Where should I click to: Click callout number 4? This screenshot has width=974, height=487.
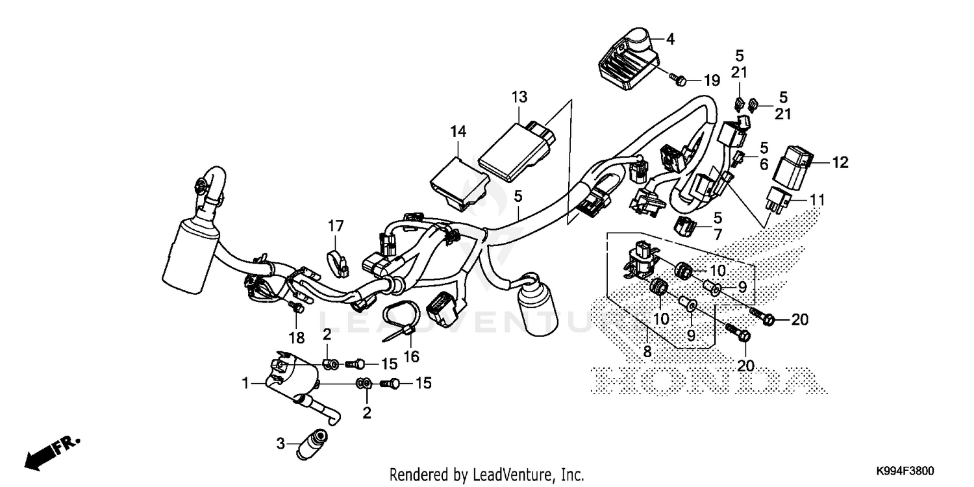[x=670, y=40]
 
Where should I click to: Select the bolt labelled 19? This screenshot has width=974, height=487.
[x=679, y=79]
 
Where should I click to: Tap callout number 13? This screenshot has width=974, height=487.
[x=519, y=97]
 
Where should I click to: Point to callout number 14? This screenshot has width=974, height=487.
[x=458, y=132]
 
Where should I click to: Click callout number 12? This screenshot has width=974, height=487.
[x=840, y=162]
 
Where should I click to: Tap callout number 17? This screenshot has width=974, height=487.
[x=335, y=227]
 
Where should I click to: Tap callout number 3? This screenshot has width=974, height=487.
[x=281, y=444]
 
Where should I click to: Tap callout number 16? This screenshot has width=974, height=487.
[x=411, y=356]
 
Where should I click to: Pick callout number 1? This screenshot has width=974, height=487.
[x=246, y=384]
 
